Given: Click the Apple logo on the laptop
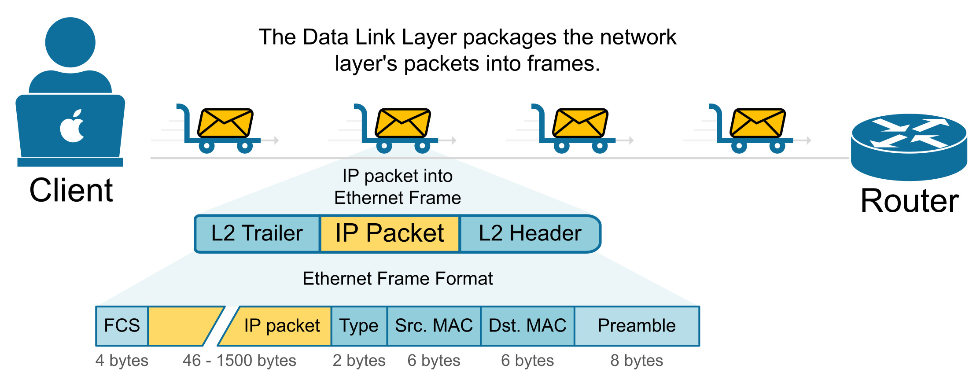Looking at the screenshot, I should tap(72, 126).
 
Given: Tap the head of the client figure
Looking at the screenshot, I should tap(70, 42).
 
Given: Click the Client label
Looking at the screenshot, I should tap(71, 190).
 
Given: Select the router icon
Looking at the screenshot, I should tap(909, 146).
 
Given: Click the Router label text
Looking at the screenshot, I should tap(909, 201).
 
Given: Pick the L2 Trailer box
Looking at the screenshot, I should tap(257, 233).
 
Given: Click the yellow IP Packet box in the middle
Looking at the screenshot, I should tap(390, 233).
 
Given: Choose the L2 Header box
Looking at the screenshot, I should tap(530, 233).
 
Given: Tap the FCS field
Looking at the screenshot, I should tap(122, 326).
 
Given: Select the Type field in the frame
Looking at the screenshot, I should tap(359, 326).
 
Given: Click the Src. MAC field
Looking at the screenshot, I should tap(434, 326).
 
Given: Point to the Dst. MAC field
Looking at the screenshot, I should tap(527, 326).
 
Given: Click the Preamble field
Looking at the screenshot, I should tap(637, 326).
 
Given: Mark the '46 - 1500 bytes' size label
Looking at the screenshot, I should tap(239, 361).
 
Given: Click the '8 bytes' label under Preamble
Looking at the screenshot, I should tap(637, 361).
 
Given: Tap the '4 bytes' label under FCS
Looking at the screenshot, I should tap(122, 361).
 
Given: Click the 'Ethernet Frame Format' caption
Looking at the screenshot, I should tap(398, 279).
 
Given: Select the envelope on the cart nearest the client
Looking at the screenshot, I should tap(225, 123).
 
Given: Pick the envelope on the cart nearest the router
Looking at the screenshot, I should tap(758, 123).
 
